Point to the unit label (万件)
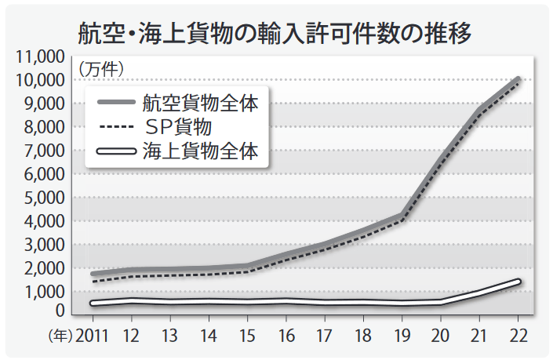(x=101, y=69)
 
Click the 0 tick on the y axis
(x=60, y=311)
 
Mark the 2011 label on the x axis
(x=93, y=336)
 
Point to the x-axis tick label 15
(x=248, y=336)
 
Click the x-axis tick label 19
(x=402, y=336)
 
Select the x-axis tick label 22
(x=518, y=336)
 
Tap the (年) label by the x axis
(x=60, y=336)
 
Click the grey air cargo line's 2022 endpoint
(x=518, y=79)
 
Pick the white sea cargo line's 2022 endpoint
(x=518, y=282)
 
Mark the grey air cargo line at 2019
(x=402, y=216)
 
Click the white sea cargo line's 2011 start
(x=93, y=303)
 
